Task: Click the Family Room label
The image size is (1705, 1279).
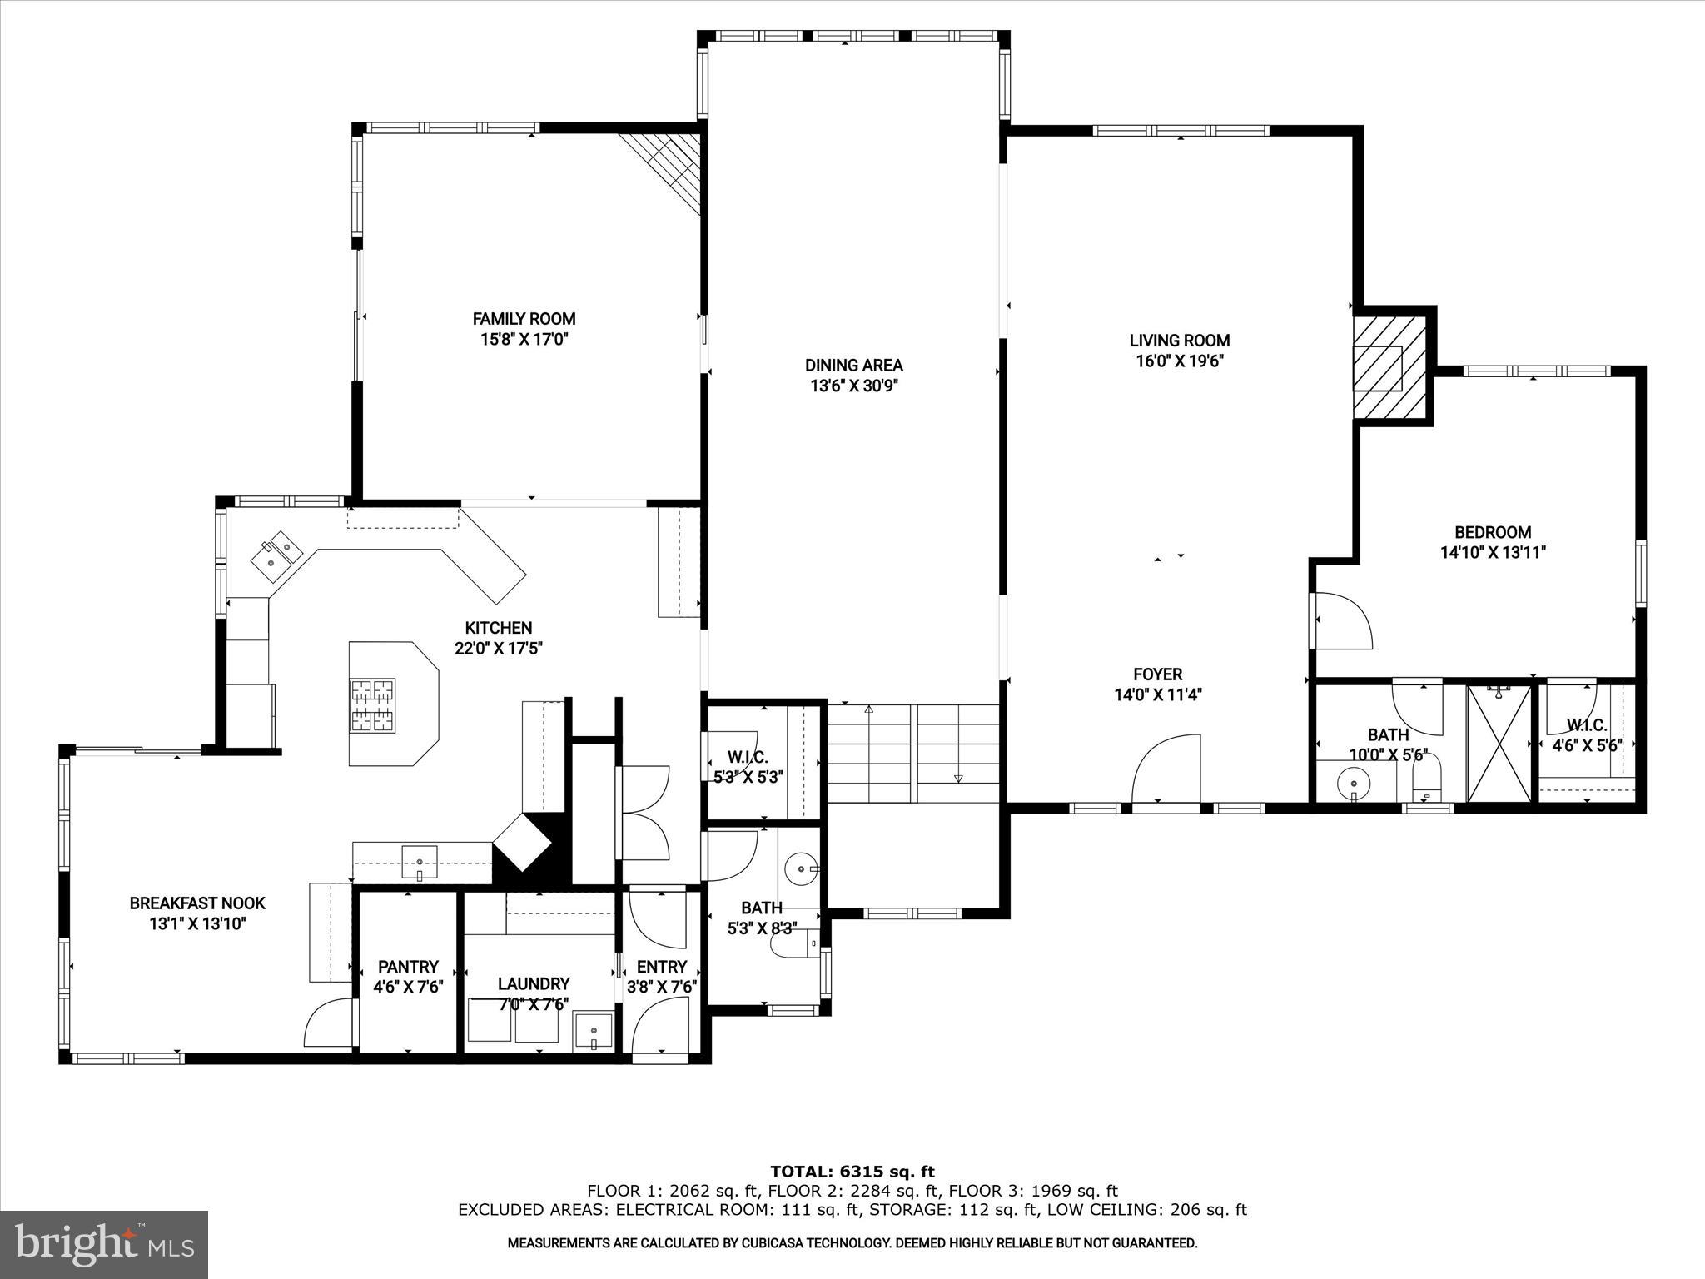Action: pos(524,318)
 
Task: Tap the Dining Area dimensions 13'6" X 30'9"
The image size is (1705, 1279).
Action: pos(853,386)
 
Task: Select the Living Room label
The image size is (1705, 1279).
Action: pos(1179,340)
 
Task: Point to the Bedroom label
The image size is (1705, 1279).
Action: pos(1492,532)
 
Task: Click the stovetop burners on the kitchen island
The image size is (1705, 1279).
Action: pos(371,705)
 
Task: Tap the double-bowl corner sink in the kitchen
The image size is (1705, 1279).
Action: pos(277,555)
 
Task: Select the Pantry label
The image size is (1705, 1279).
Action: pos(407,966)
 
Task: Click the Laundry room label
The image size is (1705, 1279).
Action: pos(533,983)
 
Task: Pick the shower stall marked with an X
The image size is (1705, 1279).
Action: pos(1499,744)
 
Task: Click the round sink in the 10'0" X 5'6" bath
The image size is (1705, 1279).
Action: pos(1354,784)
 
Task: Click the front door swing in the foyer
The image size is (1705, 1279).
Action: pos(1166,766)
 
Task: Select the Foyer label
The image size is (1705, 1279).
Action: pos(1157,674)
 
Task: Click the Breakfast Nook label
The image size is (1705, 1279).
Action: pos(197,903)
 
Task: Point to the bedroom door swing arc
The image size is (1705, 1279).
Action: pos(1342,620)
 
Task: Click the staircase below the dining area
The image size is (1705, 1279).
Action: pos(913,752)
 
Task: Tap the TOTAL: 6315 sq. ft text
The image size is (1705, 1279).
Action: pos(852,1172)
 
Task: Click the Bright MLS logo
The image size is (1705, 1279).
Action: pos(104,1245)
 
